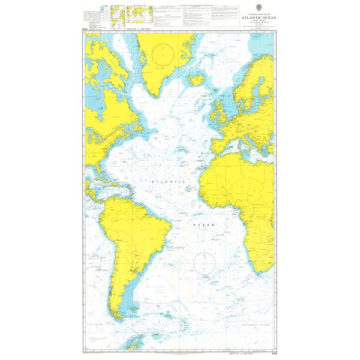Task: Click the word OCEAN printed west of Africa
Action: click(203, 223)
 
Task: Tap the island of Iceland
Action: click(196, 79)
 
